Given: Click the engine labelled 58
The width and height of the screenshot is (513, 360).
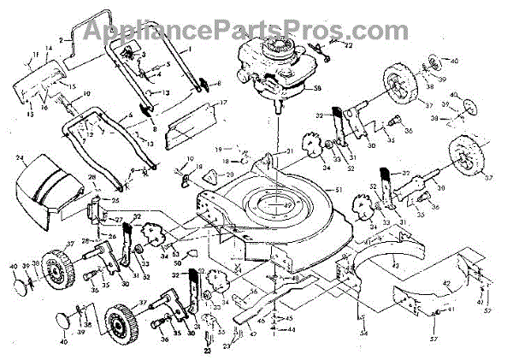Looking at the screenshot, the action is pyautogui.click(x=268, y=68).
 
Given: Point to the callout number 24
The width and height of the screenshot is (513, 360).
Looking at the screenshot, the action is pyautogui.click(x=19, y=158).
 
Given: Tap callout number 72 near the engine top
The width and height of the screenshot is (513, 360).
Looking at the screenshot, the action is pyautogui.click(x=348, y=44).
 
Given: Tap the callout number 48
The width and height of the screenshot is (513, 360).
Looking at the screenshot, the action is pyautogui.click(x=296, y=279).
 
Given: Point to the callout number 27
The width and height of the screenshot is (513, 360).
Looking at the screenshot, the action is pyautogui.click(x=117, y=220).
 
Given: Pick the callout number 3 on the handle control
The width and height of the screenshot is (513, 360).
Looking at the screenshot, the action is pyautogui.click(x=144, y=54).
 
